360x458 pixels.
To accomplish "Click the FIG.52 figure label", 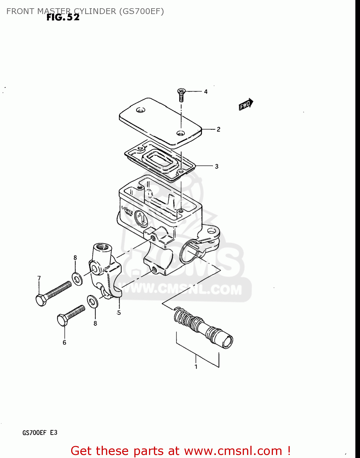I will coord(63,17).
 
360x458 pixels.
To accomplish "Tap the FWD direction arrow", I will coord(246,104).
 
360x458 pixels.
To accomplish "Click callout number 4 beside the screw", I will coord(206,92).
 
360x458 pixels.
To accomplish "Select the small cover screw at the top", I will coord(181,94).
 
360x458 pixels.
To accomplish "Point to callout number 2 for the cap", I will coord(218,129).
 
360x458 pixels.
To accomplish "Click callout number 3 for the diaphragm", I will coord(216,166).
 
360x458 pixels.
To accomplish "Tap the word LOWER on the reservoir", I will coord(127,210).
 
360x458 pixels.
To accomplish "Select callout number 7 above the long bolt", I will coord(39,278).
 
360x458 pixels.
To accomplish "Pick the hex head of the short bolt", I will coord(63,320).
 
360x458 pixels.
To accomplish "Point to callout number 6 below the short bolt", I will coord(64,343).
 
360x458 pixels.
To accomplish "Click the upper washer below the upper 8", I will coord(77,278).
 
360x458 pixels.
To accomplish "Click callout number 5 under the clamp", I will coord(119,313).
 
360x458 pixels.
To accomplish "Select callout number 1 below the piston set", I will coord(196,367).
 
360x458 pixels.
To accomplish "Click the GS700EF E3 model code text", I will coord(40,433).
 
